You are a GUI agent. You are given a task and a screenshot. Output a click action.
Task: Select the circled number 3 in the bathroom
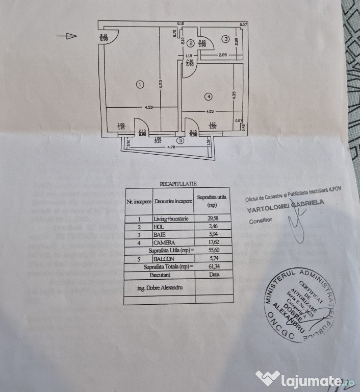pos(225,39)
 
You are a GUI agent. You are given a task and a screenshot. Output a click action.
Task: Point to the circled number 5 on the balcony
pos(179,140)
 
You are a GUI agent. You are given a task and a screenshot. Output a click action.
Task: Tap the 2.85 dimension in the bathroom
pos(222,55)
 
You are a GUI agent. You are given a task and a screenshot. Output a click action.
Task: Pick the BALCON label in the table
pos(163,259)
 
